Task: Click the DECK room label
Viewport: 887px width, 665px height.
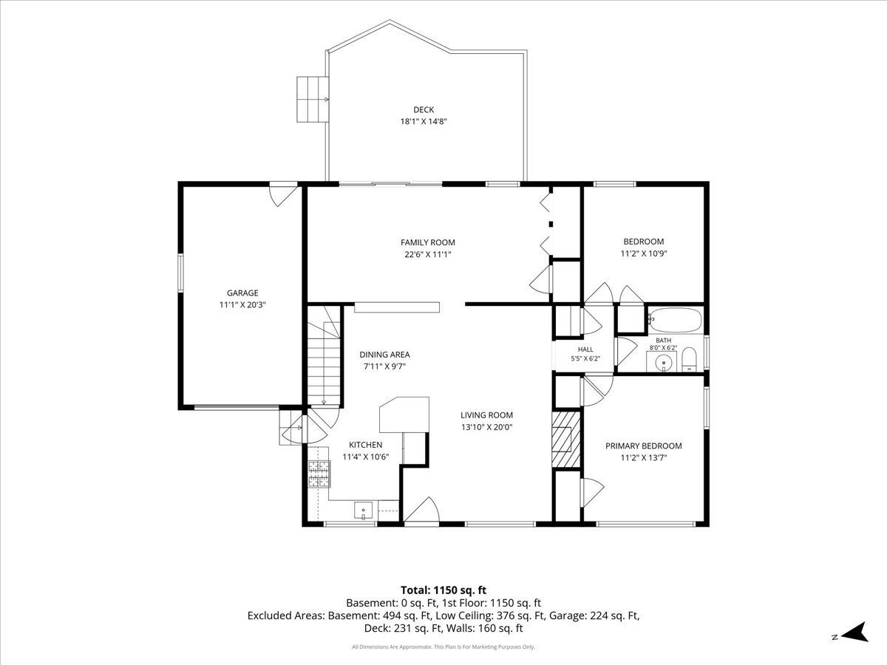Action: (x=424, y=109)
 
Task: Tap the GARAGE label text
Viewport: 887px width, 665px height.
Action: (x=242, y=293)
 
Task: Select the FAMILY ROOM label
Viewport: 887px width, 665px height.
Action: (x=427, y=242)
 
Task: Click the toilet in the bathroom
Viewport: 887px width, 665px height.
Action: (x=689, y=358)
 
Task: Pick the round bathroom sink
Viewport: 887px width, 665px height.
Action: (x=661, y=362)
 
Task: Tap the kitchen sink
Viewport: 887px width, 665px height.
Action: (x=363, y=510)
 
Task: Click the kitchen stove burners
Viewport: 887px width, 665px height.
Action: (x=319, y=474)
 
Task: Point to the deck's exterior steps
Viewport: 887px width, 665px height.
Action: (x=312, y=99)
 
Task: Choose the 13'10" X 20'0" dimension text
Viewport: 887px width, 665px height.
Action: (x=487, y=427)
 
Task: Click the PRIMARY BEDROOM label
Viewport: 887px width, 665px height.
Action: (x=643, y=446)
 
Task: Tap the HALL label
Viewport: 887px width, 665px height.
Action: (x=585, y=349)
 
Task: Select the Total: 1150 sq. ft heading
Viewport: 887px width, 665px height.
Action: (x=443, y=590)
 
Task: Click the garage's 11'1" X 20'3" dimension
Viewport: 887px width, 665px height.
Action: (x=242, y=305)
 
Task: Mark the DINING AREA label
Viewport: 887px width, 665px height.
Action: (x=384, y=355)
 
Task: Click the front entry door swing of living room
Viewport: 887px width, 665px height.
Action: (x=422, y=510)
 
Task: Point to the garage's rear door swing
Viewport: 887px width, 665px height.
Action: (x=284, y=196)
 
